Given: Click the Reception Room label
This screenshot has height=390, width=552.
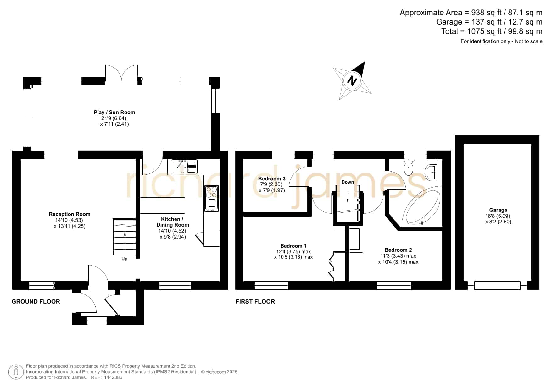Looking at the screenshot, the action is coord(70,214).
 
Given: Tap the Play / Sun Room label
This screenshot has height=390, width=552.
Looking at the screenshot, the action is coord(114,112).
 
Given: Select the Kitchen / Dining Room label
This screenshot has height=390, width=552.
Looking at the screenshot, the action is coord(173,222).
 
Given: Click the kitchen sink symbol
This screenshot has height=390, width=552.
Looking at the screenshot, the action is coord(185,167).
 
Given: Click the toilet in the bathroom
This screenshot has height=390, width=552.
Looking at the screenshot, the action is coord(408,168).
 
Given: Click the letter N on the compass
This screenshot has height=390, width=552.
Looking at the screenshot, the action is coord(352,81).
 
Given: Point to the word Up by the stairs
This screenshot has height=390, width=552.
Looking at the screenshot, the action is coord(125,259).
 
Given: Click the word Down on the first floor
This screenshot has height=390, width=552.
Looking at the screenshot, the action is coord(348,182).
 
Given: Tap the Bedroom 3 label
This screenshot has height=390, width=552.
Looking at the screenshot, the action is coord(272,179).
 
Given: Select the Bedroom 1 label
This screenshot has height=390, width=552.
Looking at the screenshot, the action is coord(293,246).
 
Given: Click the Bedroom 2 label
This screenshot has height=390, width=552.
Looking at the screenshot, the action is coord(398,250).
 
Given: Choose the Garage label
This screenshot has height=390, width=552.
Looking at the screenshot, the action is coord(498,210).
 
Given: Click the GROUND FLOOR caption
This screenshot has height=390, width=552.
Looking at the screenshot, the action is coord(36,302).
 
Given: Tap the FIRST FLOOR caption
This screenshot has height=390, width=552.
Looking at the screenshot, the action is coord(255,302).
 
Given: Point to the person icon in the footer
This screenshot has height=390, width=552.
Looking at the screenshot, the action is coord(16,372).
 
